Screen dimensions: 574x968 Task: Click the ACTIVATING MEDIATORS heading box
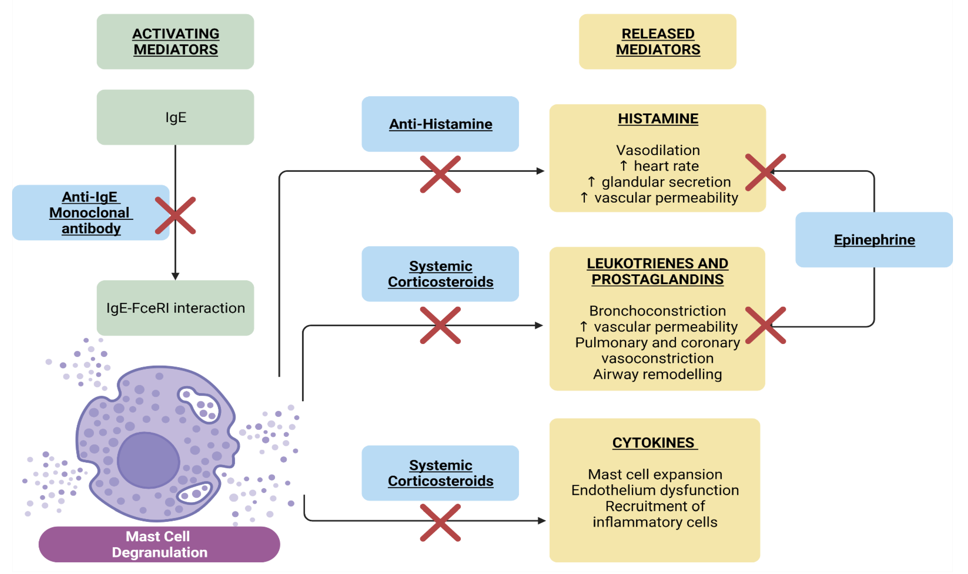(x=175, y=42)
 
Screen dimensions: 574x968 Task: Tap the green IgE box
(x=175, y=117)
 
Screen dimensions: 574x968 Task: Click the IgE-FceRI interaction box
(x=175, y=308)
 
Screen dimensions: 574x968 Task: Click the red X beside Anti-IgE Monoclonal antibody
(x=175, y=215)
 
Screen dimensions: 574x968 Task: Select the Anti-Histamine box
(x=440, y=124)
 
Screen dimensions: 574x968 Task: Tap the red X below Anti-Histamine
(x=440, y=174)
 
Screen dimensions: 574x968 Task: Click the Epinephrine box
(x=874, y=239)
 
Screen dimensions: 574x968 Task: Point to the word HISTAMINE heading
(x=658, y=119)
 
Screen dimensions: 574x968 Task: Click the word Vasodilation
(x=658, y=150)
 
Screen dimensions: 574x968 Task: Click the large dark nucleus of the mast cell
(x=149, y=460)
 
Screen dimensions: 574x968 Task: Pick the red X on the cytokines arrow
(x=440, y=523)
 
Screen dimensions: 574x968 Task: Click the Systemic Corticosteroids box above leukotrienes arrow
(x=440, y=274)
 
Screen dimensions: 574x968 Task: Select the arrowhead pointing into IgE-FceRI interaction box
(x=175, y=276)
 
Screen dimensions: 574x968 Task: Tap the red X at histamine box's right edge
(x=765, y=172)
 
